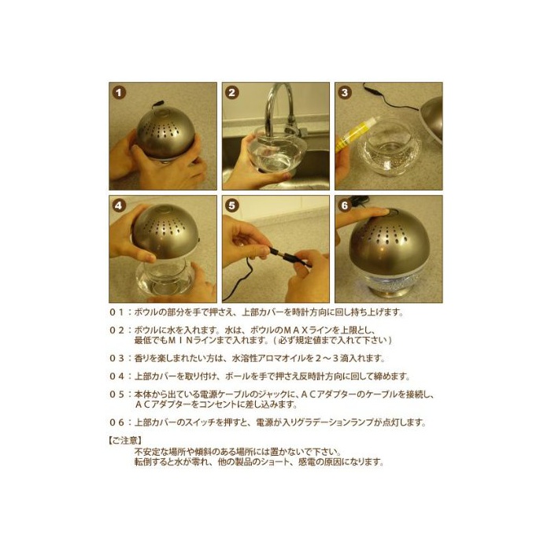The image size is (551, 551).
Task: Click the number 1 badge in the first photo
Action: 119,93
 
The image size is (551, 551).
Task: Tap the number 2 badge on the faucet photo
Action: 231,93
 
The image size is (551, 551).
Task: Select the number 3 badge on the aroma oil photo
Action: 345,93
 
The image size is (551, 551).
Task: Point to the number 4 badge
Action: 119,206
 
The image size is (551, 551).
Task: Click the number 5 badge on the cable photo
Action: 231,206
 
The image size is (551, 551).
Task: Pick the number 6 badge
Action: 345,206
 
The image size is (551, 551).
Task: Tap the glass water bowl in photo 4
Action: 165,278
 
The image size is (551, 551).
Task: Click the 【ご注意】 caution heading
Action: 125,440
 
